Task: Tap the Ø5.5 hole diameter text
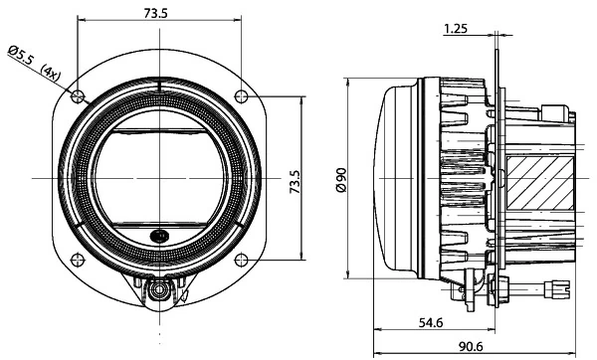(23, 56)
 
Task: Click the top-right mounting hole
(240, 95)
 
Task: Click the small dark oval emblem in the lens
(159, 236)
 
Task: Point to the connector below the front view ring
(158, 290)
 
